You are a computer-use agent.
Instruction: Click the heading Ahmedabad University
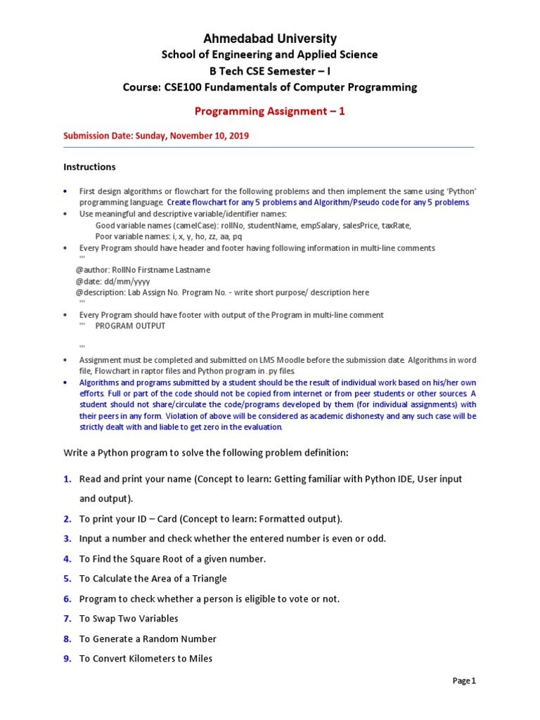tap(270, 39)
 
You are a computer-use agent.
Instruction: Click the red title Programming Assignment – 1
tap(270, 111)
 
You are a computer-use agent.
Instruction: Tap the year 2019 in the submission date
tap(238, 136)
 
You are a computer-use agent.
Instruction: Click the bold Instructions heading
tap(89, 167)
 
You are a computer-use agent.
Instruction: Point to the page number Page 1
tap(464, 681)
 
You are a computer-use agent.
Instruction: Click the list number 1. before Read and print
tap(67, 479)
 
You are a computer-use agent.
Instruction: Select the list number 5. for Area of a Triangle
tap(67, 579)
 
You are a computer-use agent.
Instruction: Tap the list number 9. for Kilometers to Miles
tap(67, 659)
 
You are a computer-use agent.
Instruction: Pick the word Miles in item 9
tap(199, 659)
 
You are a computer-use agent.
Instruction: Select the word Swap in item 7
tap(105, 619)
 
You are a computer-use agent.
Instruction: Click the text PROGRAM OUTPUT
tap(130, 326)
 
